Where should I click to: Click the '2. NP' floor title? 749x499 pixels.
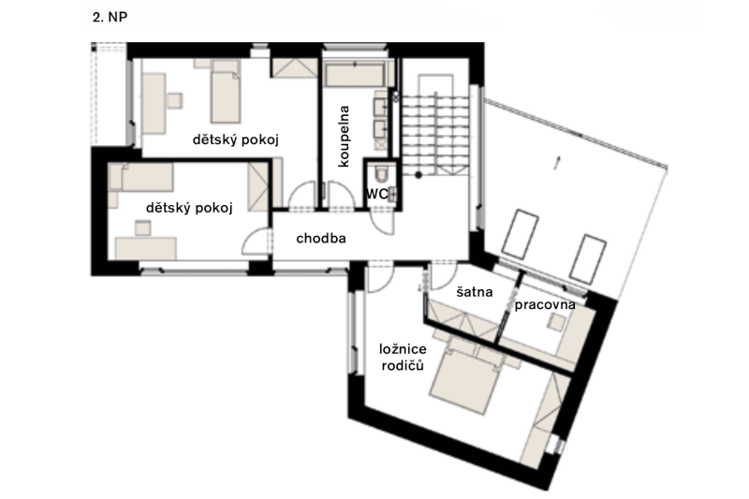click(x=110, y=18)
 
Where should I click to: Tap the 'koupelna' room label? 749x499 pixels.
click(x=344, y=136)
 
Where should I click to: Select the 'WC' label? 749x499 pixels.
click(x=377, y=194)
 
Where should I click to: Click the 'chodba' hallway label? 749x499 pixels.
click(x=321, y=239)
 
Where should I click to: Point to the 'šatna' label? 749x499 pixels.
click(x=475, y=292)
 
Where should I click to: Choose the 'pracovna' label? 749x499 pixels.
click(x=545, y=305)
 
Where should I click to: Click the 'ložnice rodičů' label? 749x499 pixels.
click(x=403, y=358)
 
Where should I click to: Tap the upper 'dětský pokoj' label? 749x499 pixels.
click(x=236, y=139)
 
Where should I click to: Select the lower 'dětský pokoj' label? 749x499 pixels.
click(x=189, y=208)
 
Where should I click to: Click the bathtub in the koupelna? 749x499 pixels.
click(x=355, y=75)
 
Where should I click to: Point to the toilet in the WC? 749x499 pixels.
click(x=382, y=173)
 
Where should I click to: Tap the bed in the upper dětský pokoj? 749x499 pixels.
click(x=226, y=93)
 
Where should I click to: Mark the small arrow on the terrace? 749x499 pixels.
click(x=557, y=162)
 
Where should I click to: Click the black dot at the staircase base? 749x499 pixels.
click(x=419, y=176)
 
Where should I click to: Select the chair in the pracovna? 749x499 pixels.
click(x=556, y=322)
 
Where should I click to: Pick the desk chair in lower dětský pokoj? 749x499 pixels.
click(x=143, y=227)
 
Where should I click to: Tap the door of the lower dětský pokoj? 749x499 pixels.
click(x=257, y=242)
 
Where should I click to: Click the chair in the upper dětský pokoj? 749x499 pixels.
click(x=174, y=100)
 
